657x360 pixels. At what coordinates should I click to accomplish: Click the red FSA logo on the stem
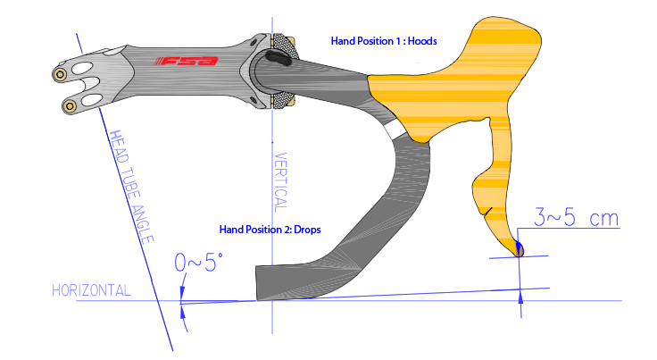pyautogui.click(x=187, y=61)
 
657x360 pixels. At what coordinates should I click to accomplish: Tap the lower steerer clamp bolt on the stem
pyautogui.click(x=70, y=106)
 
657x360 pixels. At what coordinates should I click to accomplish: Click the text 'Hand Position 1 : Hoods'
pyautogui.click(x=384, y=41)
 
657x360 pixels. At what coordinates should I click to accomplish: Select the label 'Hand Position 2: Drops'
pyautogui.click(x=270, y=230)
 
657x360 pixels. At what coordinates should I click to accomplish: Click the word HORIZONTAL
pyautogui.click(x=92, y=290)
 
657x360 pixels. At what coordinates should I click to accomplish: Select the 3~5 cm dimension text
pyautogui.click(x=576, y=217)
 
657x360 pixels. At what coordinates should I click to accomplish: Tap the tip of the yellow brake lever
pyautogui.click(x=518, y=249)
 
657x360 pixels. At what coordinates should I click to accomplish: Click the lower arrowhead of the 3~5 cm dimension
pyautogui.click(x=520, y=297)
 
